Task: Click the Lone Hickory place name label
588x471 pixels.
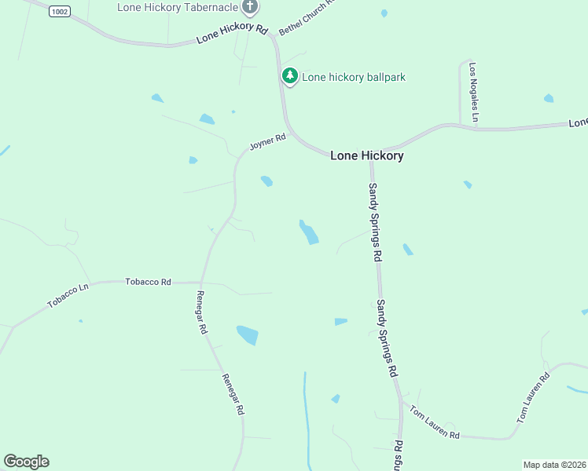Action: (x=366, y=155)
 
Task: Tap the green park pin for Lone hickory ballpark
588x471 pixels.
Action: (x=290, y=76)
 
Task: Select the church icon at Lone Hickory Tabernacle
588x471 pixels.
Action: (x=250, y=8)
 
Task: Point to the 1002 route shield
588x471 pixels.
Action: (x=58, y=11)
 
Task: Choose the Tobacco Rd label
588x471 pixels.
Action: (x=148, y=281)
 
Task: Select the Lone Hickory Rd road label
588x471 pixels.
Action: (x=232, y=33)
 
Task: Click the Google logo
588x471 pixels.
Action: (x=26, y=462)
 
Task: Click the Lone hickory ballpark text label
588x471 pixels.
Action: (x=354, y=77)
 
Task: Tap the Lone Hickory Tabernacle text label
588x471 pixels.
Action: (x=178, y=7)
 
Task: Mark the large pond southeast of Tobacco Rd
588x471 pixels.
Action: (x=248, y=335)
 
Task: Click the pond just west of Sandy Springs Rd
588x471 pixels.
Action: (x=308, y=232)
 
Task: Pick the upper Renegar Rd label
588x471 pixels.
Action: (x=201, y=312)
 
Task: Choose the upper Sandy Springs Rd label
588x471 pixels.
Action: (x=375, y=221)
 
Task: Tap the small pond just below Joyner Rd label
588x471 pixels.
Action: (x=266, y=181)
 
